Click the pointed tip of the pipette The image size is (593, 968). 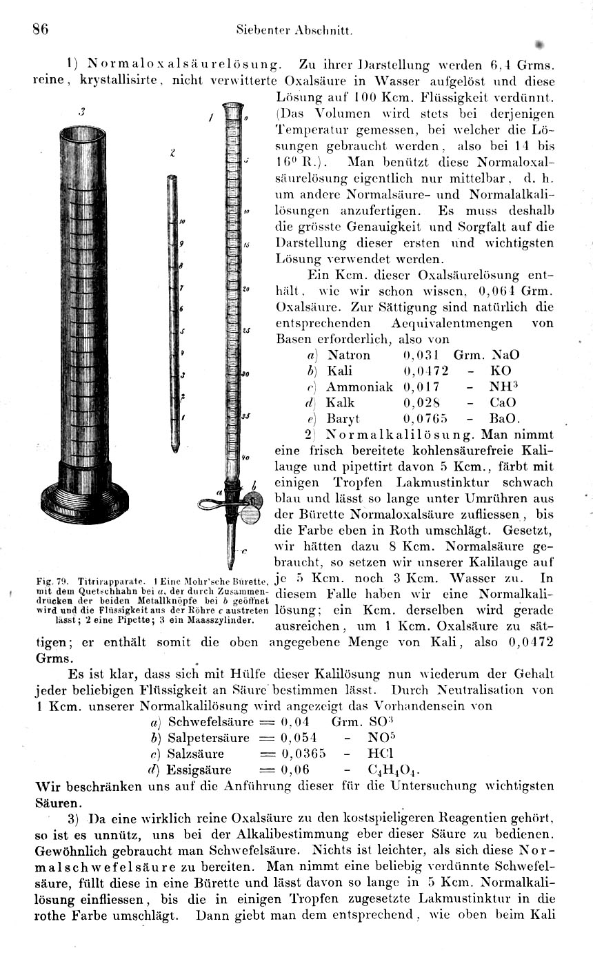172,449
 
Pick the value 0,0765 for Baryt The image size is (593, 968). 425,418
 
